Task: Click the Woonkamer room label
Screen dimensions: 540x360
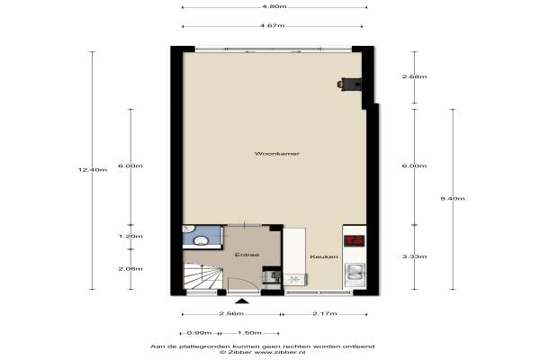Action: (x=277, y=154)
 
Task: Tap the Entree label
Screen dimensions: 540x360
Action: (x=247, y=255)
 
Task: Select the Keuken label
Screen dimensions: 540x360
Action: (x=324, y=256)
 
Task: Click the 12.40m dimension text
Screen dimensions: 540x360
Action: (x=93, y=169)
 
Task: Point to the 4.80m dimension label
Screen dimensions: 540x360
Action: (x=274, y=6)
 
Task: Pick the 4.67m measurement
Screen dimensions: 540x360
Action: (x=273, y=25)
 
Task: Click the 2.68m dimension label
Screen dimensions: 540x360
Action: (x=414, y=76)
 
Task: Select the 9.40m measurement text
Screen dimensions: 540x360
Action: (x=453, y=198)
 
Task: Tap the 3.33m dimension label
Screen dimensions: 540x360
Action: (x=414, y=256)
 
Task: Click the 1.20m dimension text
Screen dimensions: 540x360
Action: (x=130, y=237)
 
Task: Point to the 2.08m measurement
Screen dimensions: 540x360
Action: (x=130, y=269)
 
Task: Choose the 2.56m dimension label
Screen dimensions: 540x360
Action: (x=231, y=313)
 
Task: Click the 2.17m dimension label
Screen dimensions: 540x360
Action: (x=325, y=313)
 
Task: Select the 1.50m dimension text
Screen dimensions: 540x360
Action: (x=249, y=333)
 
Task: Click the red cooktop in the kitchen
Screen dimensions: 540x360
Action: (x=355, y=240)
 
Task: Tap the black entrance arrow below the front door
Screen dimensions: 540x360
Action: (x=242, y=301)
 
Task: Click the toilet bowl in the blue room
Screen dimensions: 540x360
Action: (x=201, y=240)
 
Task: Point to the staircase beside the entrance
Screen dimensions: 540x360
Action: (x=202, y=275)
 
